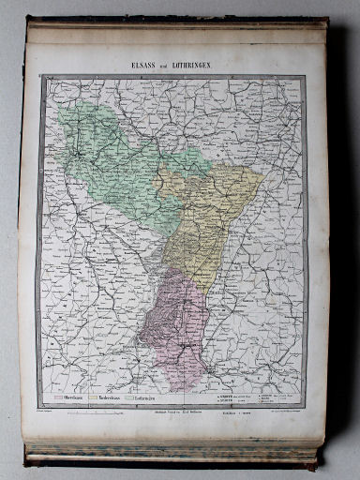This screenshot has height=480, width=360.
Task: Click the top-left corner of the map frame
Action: click(40, 78)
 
